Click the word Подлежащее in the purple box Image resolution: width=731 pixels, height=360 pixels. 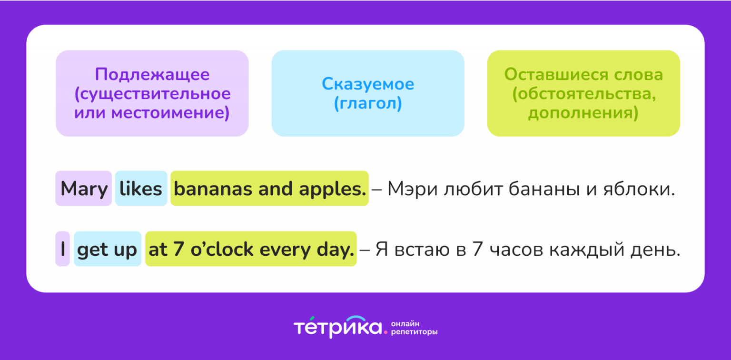(x=152, y=75)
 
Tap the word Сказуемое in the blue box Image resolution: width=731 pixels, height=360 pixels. (x=368, y=84)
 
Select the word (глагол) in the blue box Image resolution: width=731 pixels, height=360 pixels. (x=368, y=103)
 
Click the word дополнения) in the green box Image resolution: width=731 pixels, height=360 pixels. (x=583, y=113)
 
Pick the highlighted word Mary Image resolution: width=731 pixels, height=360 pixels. (x=84, y=190)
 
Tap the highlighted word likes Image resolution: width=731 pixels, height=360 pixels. (x=141, y=189)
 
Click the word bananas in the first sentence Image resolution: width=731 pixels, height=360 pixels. (x=213, y=189)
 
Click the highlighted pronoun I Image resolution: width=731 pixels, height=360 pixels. (x=63, y=249)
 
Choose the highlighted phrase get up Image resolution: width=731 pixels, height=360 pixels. (x=107, y=250)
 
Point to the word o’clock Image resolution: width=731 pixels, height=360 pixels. (x=222, y=249)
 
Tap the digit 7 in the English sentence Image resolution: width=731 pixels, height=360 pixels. (x=178, y=249)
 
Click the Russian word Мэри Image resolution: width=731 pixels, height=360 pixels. (x=412, y=190)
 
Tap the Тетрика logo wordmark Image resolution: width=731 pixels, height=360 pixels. (x=338, y=327)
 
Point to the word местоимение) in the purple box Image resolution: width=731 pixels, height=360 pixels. (x=171, y=113)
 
